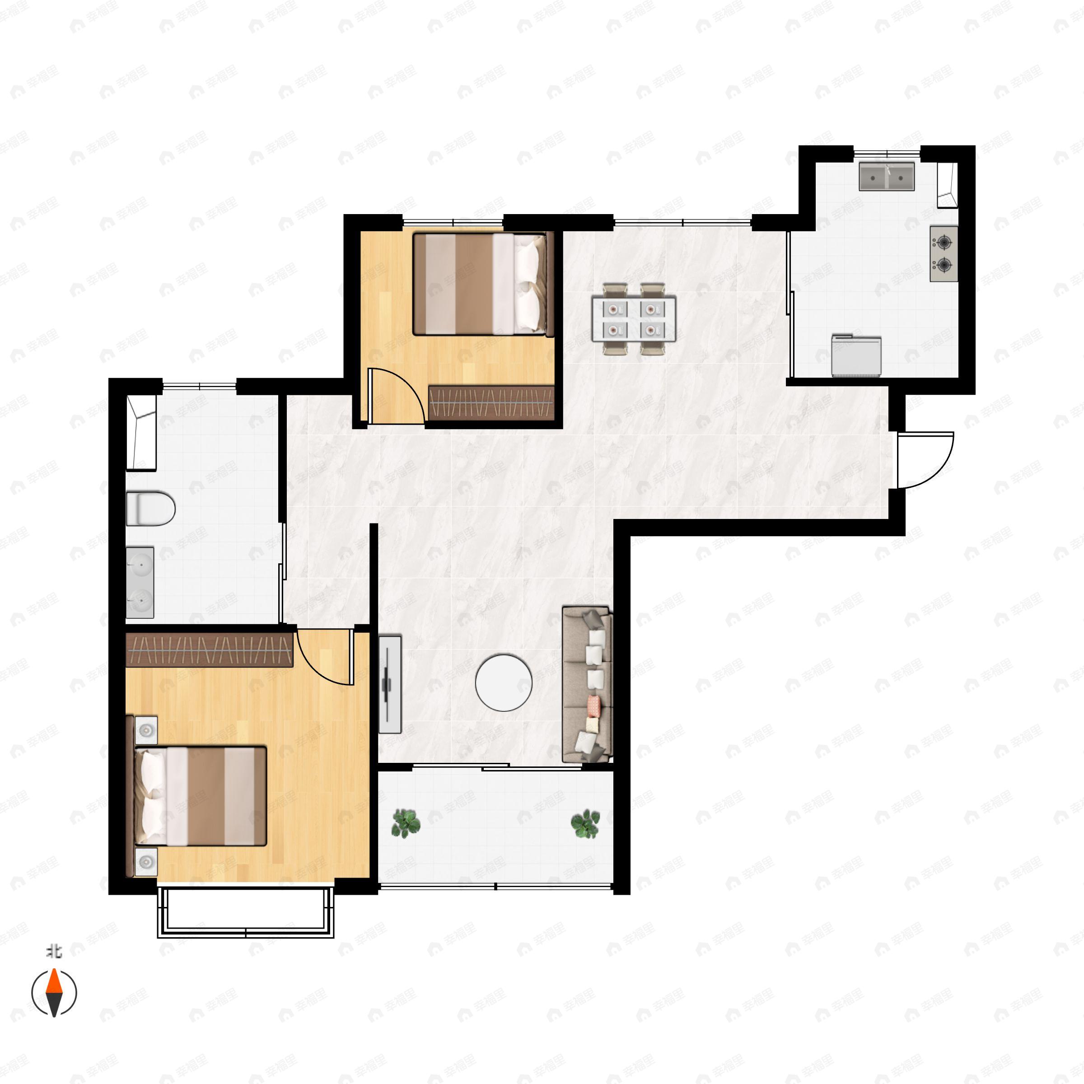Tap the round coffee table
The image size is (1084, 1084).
(x=503, y=683)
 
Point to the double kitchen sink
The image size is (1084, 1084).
(x=887, y=177)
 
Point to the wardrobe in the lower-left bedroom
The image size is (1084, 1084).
(x=209, y=650)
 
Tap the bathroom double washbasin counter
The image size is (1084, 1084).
(x=140, y=582)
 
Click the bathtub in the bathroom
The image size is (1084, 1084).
(x=141, y=432)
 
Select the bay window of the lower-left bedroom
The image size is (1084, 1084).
(x=245, y=912)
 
